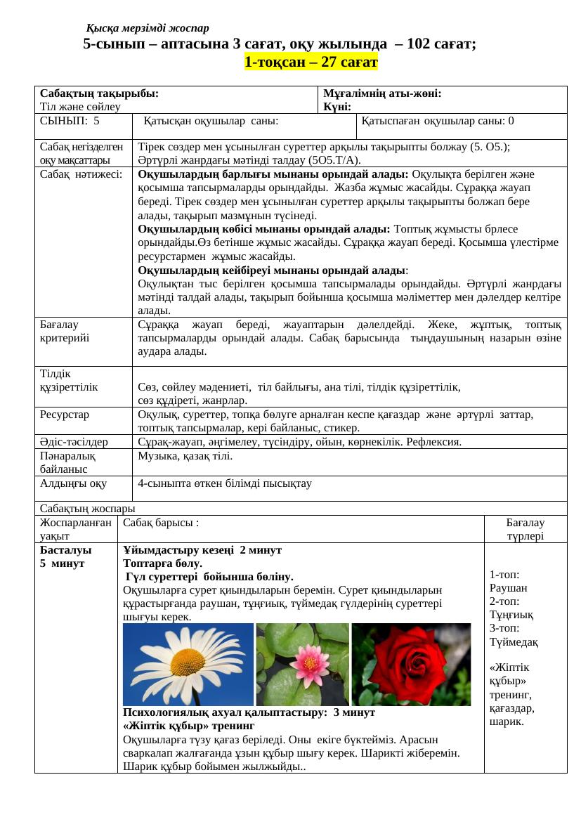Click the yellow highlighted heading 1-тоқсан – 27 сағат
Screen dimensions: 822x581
point(311,63)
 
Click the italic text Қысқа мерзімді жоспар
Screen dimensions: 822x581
point(148,28)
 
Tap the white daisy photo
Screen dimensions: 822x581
point(187,665)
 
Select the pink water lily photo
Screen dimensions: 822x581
point(302,665)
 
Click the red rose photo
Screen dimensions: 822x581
point(410,665)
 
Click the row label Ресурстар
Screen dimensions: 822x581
point(65,415)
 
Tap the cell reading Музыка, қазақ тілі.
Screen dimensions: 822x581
point(185,456)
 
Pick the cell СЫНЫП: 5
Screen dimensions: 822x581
point(70,121)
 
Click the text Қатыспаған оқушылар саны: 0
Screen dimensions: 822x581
point(438,121)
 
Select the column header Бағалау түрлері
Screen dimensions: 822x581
point(525,529)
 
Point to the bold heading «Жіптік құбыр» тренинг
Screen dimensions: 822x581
point(188,725)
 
